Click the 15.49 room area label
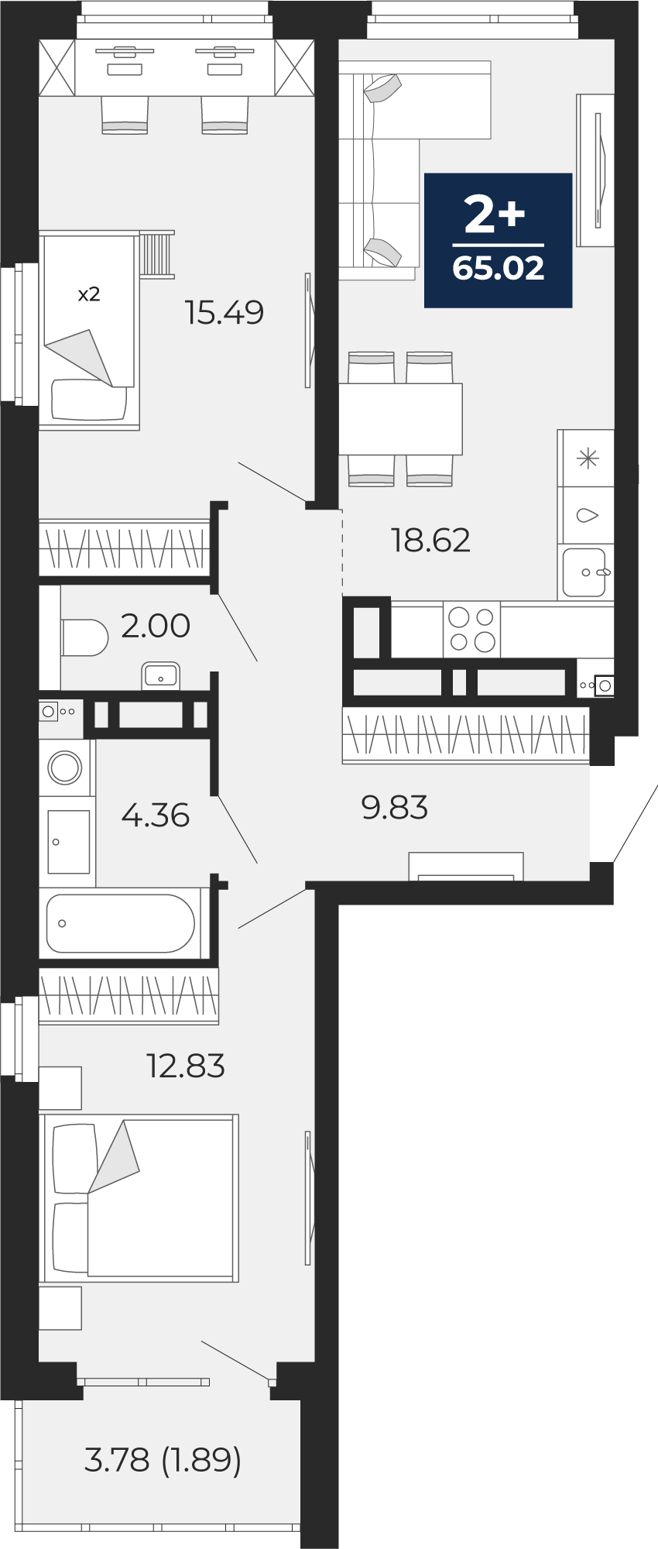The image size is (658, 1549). tap(224, 313)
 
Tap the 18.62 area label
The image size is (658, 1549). tap(431, 541)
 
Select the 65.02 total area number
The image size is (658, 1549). tap(499, 268)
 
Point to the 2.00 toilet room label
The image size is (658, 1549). tap(156, 626)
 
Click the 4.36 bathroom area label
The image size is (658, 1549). tap(156, 816)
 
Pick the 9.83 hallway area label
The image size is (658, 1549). tap(395, 808)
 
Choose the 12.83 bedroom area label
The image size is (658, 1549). tap(186, 1066)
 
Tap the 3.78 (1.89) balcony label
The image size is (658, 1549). tap(163, 1461)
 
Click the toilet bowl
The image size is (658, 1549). tap(84, 637)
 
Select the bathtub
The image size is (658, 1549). tap(120, 923)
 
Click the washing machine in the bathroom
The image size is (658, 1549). tap(65, 768)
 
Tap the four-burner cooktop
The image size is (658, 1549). tap(471, 630)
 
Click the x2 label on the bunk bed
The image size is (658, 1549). tap(89, 294)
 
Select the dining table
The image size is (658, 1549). tap(400, 419)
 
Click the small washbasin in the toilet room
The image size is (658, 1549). tap(160, 675)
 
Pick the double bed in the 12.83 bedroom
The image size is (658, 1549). tap(139, 1197)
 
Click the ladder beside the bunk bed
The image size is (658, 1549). tap(157, 254)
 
